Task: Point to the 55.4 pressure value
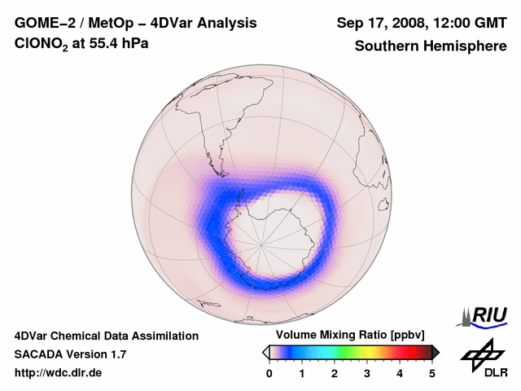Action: tap(102, 45)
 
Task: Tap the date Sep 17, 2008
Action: tap(382, 24)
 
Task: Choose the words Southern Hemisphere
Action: tap(431, 46)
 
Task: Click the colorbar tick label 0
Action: tap(269, 373)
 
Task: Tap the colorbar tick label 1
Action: tap(302, 373)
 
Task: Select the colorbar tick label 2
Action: tap(335, 373)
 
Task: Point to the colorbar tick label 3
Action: tap(367, 373)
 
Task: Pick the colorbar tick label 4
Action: tap(400, 373)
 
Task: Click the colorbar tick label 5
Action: tap(432, 373)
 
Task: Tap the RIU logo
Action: tap(485, 314)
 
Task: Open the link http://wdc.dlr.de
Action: tap(58, 373)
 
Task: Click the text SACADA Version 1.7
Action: tap(70, 354)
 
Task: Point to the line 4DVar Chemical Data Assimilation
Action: tap(106, 336)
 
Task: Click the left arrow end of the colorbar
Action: tap(265, 352)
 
